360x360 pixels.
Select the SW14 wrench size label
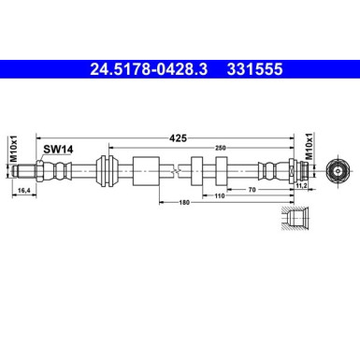[56, 149]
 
